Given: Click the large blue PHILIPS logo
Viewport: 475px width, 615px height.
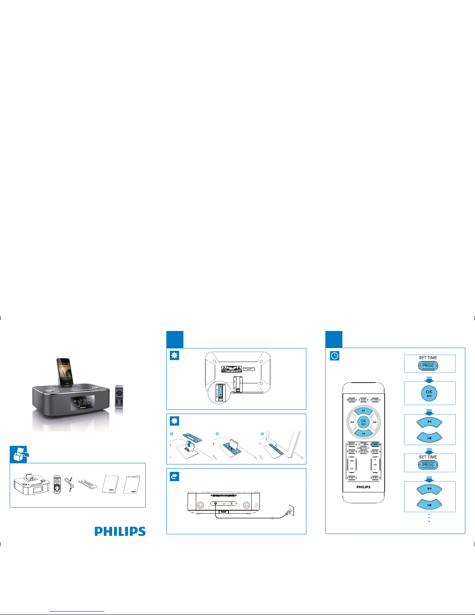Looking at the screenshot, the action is pyautogui.click(x=120, y=531).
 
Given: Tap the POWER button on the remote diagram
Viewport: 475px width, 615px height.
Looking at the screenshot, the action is pyautogui.click(x=352, y=400).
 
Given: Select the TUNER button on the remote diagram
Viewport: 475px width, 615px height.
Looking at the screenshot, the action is pyautogui.click(x=375, y=400).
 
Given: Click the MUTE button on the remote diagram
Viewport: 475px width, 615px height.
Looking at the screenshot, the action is pyautogui.click(x=375, y=452).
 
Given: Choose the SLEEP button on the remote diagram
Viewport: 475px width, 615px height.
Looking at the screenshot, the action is pyautogui.click(x=352, y=452).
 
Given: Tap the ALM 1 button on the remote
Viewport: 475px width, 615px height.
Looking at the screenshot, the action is pyautogui.click(x=352, y=478).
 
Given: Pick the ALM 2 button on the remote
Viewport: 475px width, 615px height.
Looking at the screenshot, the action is pyautogui.click(x=375, y=478).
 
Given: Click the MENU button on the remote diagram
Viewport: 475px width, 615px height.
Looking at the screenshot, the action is pyautogui.click(x=352, y=444).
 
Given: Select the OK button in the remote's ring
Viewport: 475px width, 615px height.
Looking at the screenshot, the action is pyautogui.click(x=363, y=421).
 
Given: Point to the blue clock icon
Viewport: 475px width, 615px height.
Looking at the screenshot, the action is pyautogui.click(x=335, y=356).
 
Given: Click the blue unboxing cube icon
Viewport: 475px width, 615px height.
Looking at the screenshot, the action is pyautogui.click(x=19, y=454).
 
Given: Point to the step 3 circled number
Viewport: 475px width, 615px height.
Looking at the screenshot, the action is pyautogui.click(x=263, y=434).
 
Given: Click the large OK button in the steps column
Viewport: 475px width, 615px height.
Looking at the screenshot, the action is pyautogui.click(x=429, y=393).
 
